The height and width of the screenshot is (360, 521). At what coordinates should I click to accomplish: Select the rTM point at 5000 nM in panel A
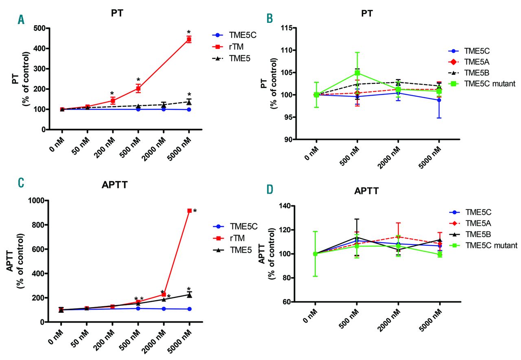[189, 39]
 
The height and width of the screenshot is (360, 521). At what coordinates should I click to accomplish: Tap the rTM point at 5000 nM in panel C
[190, 211]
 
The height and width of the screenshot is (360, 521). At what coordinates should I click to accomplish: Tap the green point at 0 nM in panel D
[315, 254]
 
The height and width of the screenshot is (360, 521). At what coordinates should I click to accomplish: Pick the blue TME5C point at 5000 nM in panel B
[439, 100]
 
